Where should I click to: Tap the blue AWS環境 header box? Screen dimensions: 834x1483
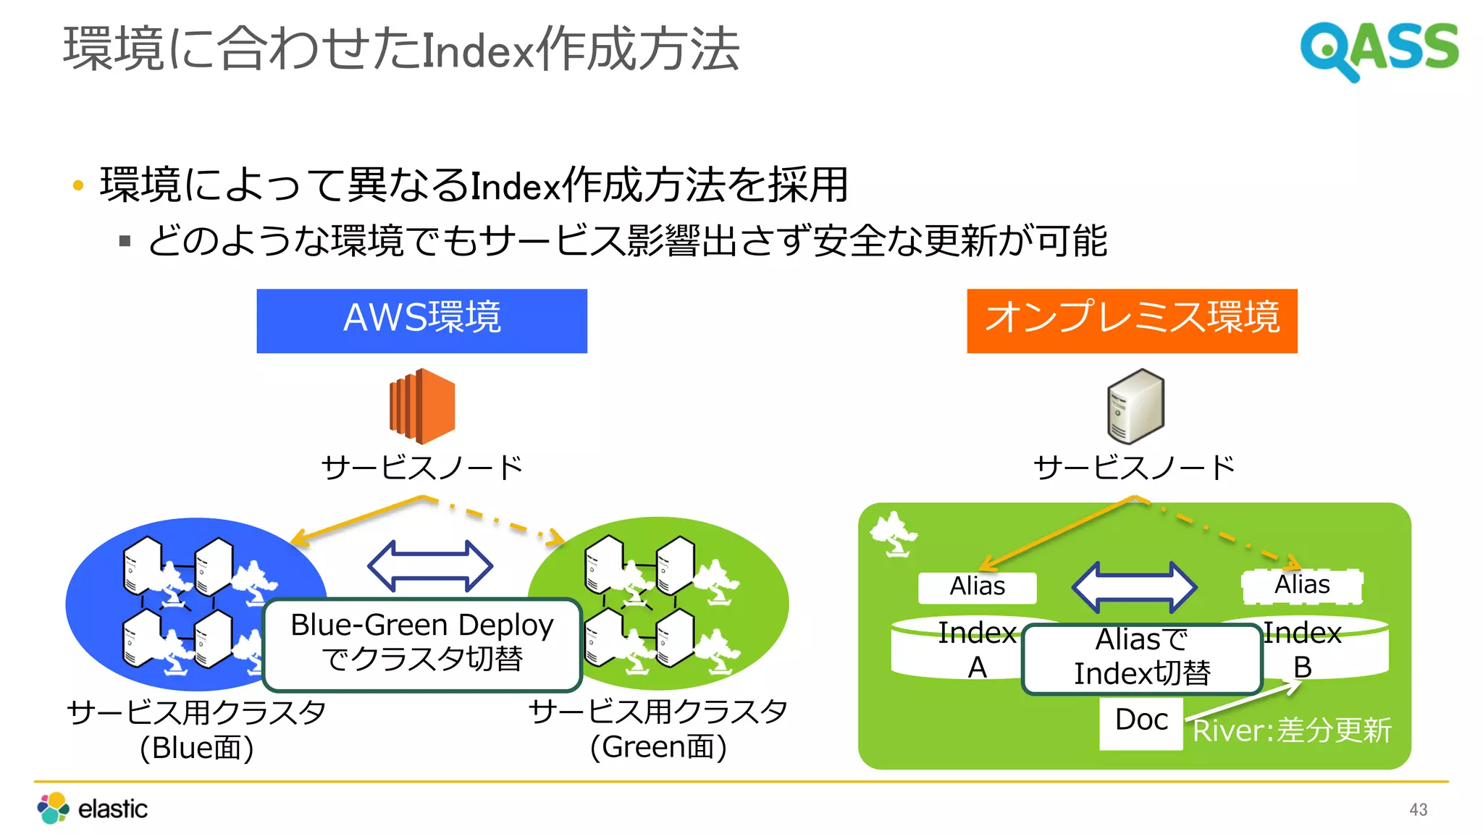[x=421, y=321]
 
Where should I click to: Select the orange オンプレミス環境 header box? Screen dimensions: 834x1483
[x=1131, y=321]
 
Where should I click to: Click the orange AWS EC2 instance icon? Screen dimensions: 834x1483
[x=422, y=406]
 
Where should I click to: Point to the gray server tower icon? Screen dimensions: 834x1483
[x=1135, y=406]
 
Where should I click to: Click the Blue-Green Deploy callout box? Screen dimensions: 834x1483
[x=422, y=644]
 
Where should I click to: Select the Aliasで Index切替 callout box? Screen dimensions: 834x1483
[x=1141, y=657]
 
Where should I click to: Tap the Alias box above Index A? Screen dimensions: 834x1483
[x=977, y=586]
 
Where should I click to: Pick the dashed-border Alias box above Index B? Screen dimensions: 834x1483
[x=1301, y=586]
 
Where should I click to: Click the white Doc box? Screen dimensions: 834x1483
[x=1140, y=721]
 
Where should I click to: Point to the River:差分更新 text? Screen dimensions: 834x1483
[x=1292, y=730]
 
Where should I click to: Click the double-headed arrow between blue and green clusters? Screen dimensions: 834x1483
[x=430, y=566]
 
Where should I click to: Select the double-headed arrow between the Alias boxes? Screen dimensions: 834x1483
[x=1134, y=586]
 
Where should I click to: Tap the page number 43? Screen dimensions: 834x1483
[x=1418, y=809]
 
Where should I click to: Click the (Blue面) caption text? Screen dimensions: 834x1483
[x=196, y=748]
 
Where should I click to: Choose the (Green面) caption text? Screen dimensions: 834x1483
[x=658, y=748]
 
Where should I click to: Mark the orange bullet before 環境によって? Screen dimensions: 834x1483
[x=78, y=186]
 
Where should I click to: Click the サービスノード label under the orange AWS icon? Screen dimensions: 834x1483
[x=422, y=468]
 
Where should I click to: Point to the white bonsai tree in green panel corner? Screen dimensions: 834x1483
[x=893, y=534]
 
